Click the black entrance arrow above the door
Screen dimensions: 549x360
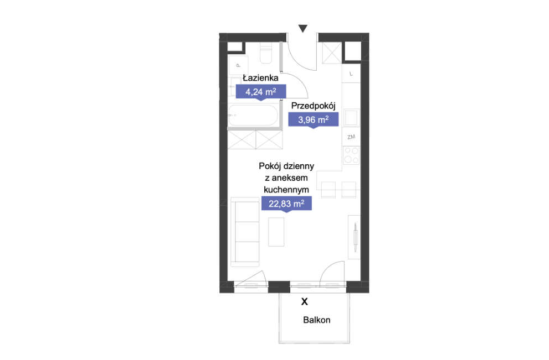(x=303, y=28)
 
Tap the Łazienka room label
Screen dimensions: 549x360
(x=260, y=78)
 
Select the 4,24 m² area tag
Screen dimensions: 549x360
(x=261, y=92)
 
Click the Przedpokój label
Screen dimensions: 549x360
(x=313, y=106)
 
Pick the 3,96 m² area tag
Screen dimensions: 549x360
(x=313, y=120)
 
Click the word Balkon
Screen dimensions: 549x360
(x=316, y=320)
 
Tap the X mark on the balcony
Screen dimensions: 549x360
(x=305, y=301)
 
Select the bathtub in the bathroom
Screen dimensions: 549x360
(x=254, y=115)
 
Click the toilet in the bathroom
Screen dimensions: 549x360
(x=266, y=53)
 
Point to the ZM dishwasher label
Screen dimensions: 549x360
(x=351, y=137)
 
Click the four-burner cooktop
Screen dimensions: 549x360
(x=351, y=155)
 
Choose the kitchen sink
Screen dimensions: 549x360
(x=351, y=117)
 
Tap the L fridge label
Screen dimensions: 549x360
(x=351, y=74)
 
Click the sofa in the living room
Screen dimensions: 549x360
(x=245, y=232)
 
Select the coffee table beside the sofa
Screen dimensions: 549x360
(x=276, y=232)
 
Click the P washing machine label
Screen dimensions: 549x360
(x=238, y=65)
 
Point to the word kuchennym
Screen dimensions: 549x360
(x=286, y=190)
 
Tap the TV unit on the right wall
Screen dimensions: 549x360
(x=354, y=237)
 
